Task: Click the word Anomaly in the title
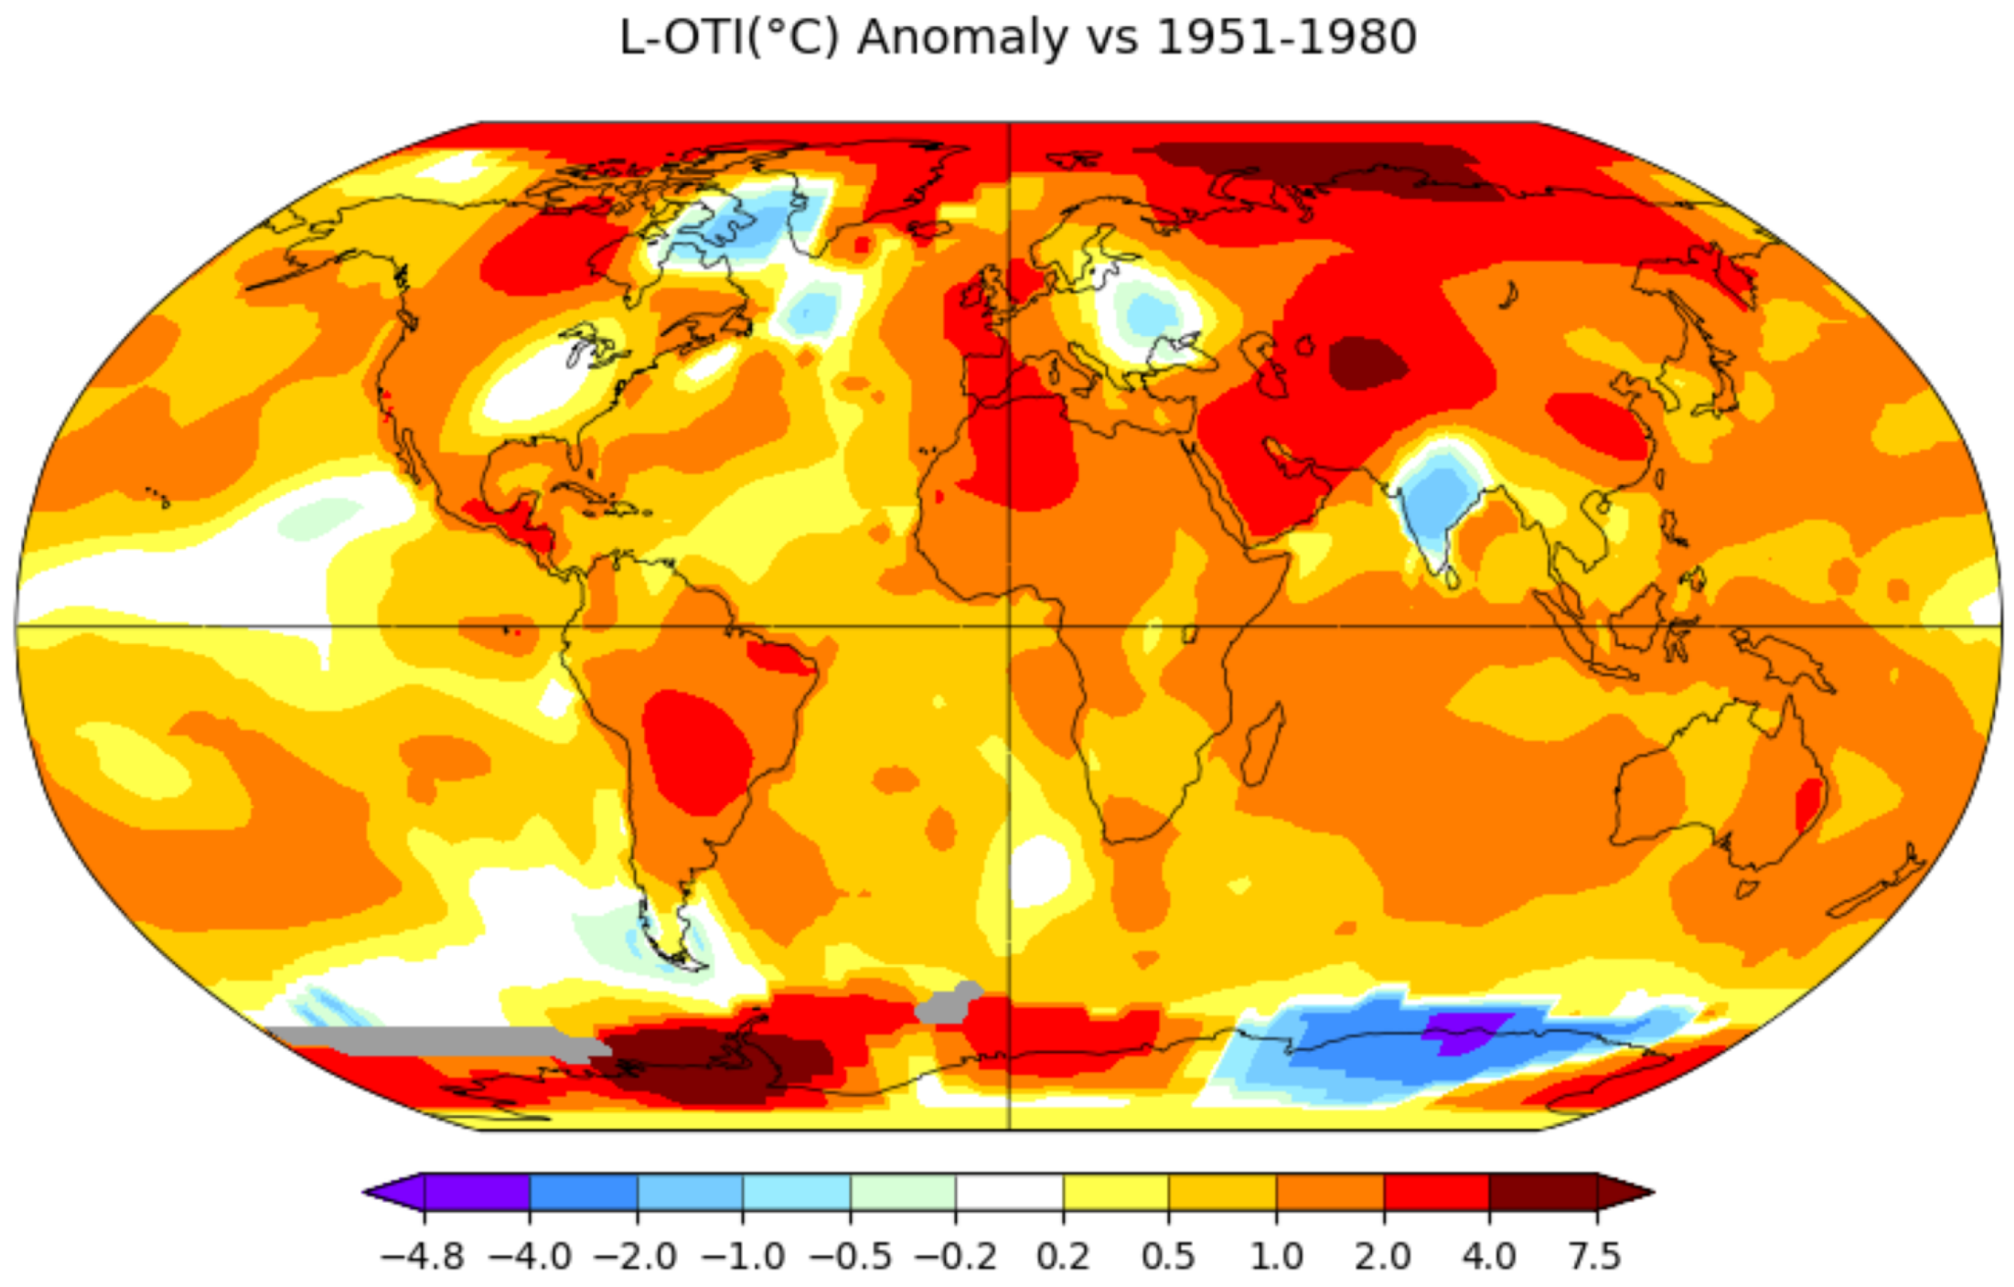[962, 38]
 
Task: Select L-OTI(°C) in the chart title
[727, 38]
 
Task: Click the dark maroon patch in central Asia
[1367, 364]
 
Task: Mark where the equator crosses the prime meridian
[1009, 625]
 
